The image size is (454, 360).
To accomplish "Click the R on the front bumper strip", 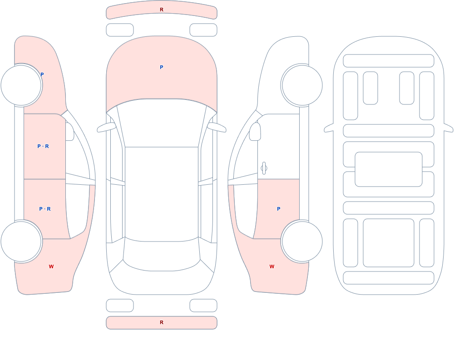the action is [162, 10].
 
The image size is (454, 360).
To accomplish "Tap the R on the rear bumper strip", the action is [162, 322].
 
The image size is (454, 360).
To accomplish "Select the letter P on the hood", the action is [162, 67].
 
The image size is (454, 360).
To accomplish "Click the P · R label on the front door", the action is [43, 146].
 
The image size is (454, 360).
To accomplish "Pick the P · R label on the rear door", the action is [45, 209].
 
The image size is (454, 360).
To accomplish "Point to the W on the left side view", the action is [51, 266].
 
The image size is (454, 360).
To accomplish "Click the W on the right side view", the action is [272, 266].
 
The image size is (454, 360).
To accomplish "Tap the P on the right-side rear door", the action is [279, 209].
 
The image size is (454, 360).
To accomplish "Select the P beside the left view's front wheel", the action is [42, 74].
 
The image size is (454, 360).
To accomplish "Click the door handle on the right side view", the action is [264, 168].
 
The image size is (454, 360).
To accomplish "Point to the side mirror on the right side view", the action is [255, 132].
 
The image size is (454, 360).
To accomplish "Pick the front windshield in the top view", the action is [162, 122].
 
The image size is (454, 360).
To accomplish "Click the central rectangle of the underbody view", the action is [389, 169].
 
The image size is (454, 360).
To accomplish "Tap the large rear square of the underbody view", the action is [389, 243].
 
